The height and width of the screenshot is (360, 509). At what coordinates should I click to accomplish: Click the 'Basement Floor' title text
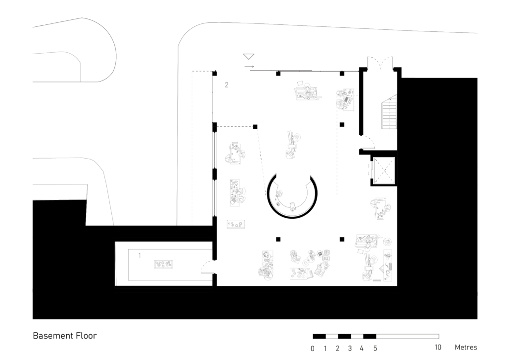65,336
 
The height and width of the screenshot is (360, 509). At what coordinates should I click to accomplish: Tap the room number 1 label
140,256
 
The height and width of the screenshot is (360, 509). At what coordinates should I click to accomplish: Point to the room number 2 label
227,85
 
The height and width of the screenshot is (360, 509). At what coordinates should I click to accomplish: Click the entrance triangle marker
249,57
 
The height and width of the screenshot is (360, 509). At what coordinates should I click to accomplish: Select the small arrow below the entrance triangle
250,67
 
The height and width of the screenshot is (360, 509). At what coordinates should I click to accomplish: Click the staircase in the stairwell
389,112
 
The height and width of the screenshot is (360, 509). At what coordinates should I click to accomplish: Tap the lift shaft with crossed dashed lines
384,170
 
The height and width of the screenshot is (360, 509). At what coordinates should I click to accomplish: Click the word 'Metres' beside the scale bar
466,348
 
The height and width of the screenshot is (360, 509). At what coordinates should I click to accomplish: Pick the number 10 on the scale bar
438,348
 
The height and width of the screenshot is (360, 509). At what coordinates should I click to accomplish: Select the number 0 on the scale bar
312,349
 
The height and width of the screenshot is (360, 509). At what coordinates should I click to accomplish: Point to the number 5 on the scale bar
375,349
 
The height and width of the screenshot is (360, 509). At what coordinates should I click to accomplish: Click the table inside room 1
163,264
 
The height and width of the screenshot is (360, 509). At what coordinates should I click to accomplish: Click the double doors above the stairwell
380,63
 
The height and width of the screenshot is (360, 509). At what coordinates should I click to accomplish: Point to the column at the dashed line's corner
255,127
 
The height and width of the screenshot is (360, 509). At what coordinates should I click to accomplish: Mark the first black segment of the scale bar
319,336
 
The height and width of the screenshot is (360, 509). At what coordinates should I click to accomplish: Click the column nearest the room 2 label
215,74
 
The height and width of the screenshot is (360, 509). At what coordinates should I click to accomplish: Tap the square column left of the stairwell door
342,125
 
